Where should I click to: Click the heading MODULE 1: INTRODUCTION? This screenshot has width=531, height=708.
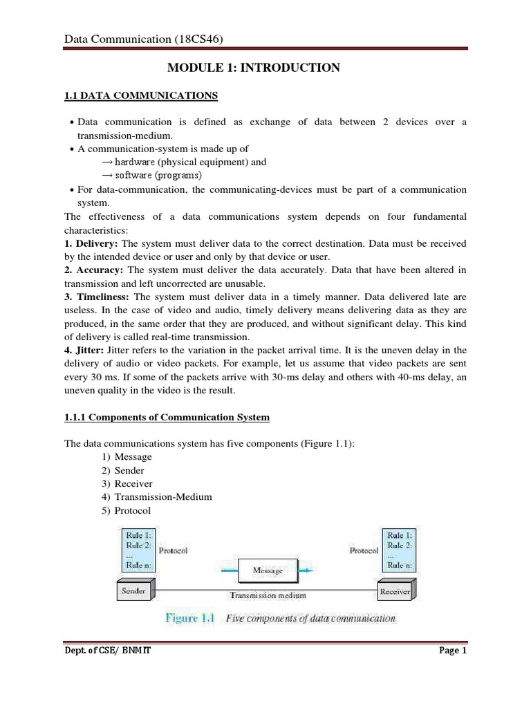coord(254,68)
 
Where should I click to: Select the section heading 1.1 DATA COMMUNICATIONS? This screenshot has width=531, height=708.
coord(140,95)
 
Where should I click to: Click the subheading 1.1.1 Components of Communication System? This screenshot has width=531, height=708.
coord(167,418)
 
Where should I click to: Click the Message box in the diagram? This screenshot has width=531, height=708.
coord(268,571)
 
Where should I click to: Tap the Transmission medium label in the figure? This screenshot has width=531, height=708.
coord(268,594)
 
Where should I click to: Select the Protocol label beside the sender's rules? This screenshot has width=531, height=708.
coord(173,551)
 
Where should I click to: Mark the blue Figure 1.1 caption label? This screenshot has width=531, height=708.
coord(191,618)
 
